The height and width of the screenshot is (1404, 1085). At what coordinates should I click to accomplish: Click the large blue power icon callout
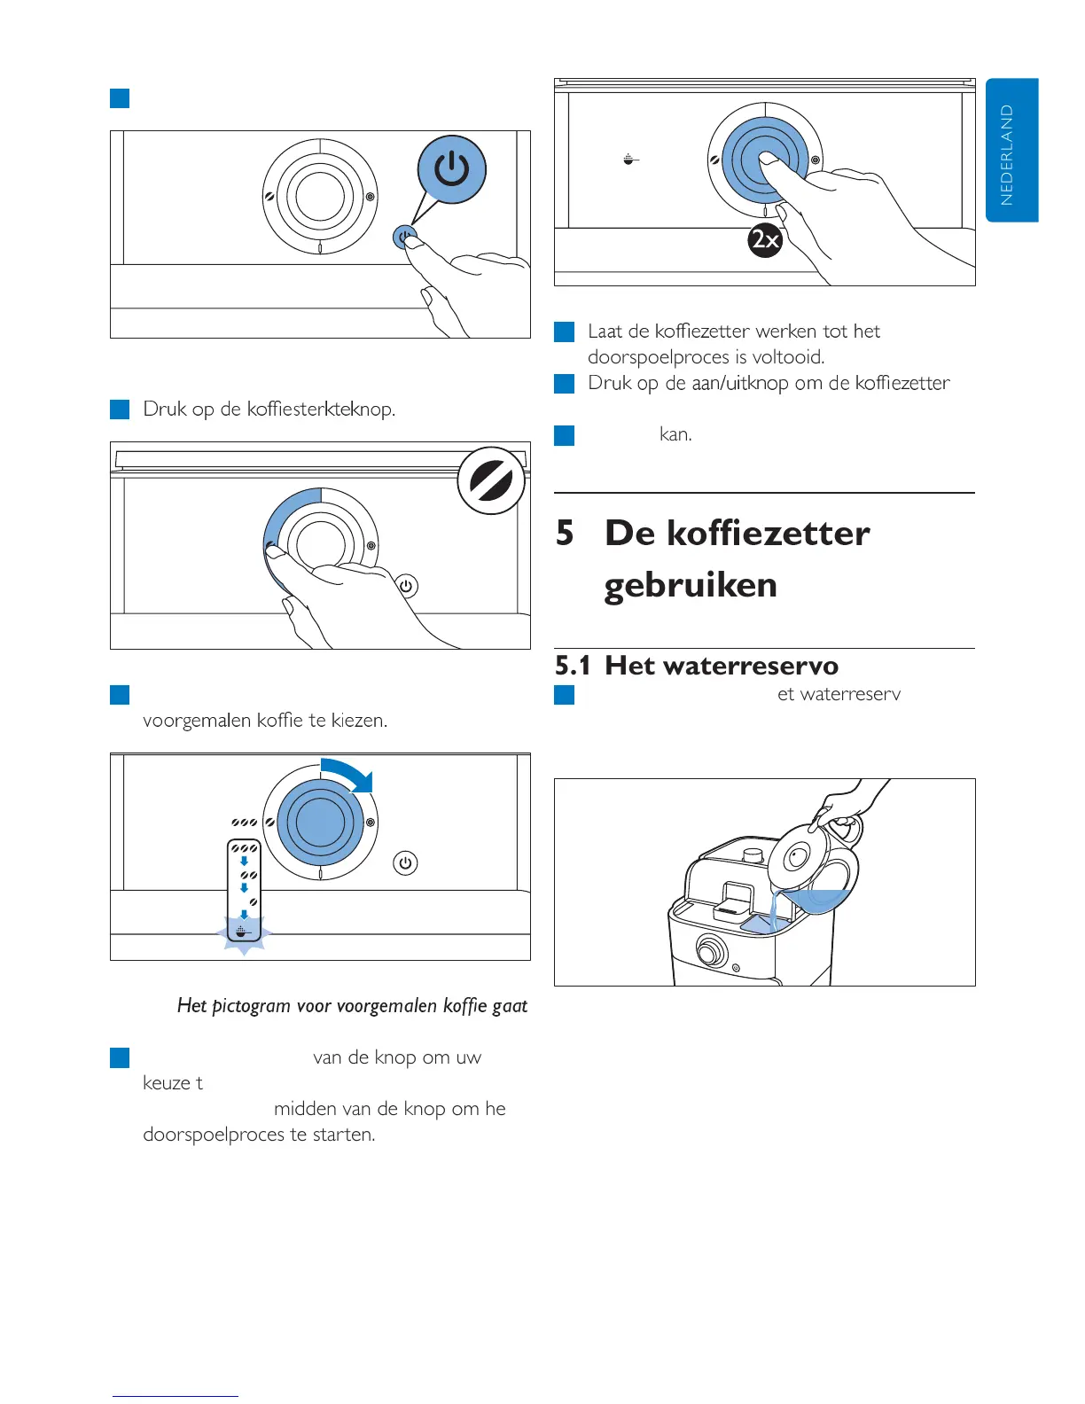[452, 169]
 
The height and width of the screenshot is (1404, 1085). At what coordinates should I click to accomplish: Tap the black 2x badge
[765, 240]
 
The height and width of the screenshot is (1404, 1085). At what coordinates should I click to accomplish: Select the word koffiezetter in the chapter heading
[768, 534]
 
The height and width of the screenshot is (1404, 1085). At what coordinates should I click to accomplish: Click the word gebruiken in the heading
[691, 585]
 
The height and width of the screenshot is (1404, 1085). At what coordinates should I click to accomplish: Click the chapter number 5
[565, 534]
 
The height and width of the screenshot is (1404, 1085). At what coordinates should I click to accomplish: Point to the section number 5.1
[573, 666]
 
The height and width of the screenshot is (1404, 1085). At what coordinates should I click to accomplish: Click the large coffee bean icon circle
[491, 481]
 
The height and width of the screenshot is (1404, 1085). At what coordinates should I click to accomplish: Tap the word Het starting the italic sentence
[191, 1005]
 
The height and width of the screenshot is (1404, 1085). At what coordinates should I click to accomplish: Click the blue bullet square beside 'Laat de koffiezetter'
[565, 332]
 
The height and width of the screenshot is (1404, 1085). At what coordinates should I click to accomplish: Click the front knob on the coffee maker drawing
[708, 951]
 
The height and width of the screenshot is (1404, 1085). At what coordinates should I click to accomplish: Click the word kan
[675, 434]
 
